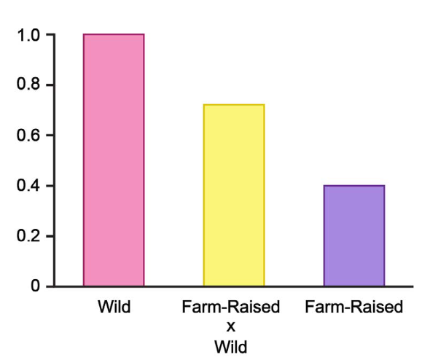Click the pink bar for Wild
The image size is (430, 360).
click(x=114, y=160)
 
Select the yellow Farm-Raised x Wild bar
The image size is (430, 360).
click(x=233, y=195)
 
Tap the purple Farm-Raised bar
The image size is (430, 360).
click(x=353, y=235)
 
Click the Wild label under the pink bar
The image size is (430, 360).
click(x=114, y=308)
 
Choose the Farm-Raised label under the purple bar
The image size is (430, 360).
click(x=353, y=308)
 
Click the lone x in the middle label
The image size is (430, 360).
click(x=231, y=325)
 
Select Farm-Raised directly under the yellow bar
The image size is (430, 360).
click(x=231, y=308)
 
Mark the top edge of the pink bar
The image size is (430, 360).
click(x=114, y=34)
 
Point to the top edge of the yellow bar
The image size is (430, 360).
click(x=233, y=105)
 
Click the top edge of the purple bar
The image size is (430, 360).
click(x=353, y=186)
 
